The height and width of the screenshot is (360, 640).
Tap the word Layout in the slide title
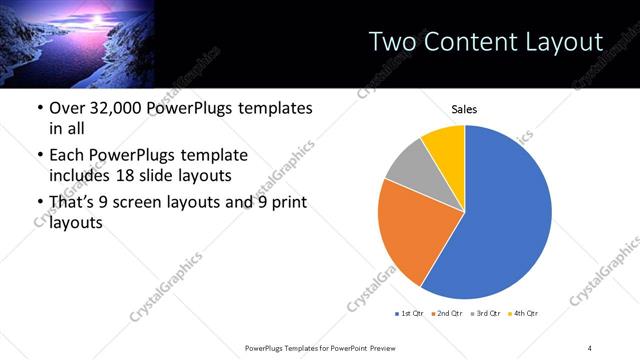point(567,41)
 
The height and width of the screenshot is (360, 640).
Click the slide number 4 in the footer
point(590,346)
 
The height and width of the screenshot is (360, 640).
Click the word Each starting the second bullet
point(64,155)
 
